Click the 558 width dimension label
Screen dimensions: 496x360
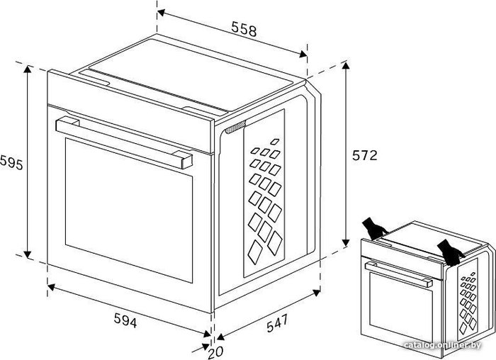244,29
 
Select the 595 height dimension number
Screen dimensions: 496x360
11,162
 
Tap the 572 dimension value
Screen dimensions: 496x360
365,156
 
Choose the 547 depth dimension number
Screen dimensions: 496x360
278,322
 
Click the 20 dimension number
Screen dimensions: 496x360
215,352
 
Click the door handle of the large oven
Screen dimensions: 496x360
124,142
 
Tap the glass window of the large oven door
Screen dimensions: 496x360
129,210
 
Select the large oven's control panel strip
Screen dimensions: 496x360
130,111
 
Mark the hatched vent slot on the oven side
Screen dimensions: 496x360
235,128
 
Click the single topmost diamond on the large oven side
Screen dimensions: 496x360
275,142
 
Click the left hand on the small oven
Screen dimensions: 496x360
375,228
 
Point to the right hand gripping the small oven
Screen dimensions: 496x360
451,252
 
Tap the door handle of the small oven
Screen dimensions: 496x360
398,274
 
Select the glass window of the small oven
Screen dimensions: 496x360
401,307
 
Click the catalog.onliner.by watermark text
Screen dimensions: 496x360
443,345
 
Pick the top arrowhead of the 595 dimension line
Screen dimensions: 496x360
28,69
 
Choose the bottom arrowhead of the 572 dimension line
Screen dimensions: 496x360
346,242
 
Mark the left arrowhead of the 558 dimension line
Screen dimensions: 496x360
162,13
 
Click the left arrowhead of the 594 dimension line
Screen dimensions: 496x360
51,287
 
